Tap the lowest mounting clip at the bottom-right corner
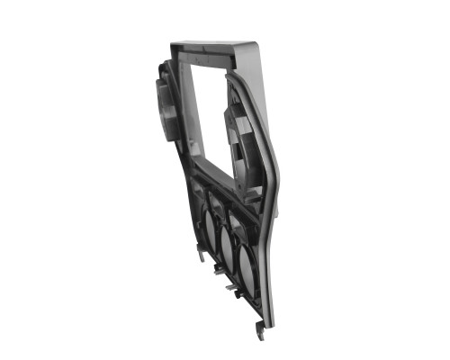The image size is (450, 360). pyautogui.click(x=260, y=333)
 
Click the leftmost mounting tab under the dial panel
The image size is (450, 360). pyautogui.click(x=201, y=254)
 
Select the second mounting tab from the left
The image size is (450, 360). pyautogui.click(x=219, y=268)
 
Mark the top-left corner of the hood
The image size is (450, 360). pyautogui.click(x=171, y=41)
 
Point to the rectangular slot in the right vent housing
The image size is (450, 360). pyautogui.click(x=238, y=126)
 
